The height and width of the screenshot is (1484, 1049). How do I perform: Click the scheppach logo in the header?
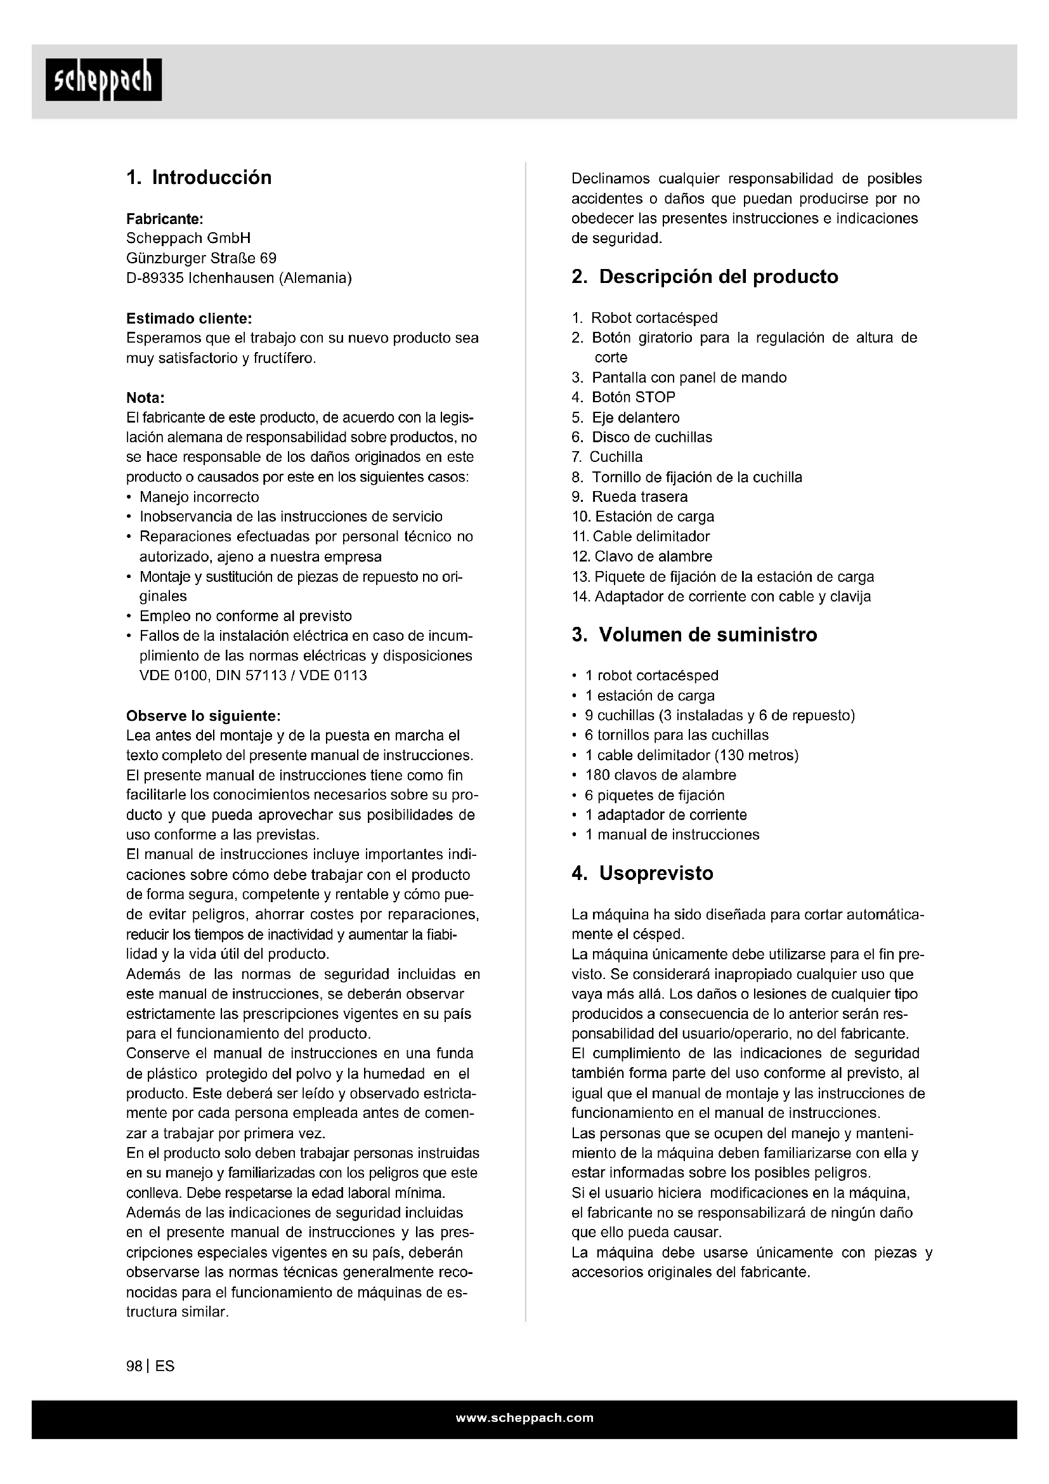103,80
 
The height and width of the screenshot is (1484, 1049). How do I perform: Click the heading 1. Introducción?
199,178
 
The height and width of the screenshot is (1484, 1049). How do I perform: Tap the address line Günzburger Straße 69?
201,258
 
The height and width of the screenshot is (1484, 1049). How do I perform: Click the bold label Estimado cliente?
188,318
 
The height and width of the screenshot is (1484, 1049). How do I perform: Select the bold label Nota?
145,398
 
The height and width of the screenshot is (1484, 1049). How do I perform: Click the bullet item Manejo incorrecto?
199,497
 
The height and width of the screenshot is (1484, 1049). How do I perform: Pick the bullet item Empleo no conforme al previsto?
245,616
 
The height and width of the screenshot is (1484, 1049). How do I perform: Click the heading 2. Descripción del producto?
705,277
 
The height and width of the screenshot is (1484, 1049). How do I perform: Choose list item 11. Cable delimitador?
641,537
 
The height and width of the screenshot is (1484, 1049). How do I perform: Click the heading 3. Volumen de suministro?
694,634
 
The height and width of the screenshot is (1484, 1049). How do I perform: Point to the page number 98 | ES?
150,1367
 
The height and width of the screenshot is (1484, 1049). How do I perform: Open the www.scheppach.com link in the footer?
524,1418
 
